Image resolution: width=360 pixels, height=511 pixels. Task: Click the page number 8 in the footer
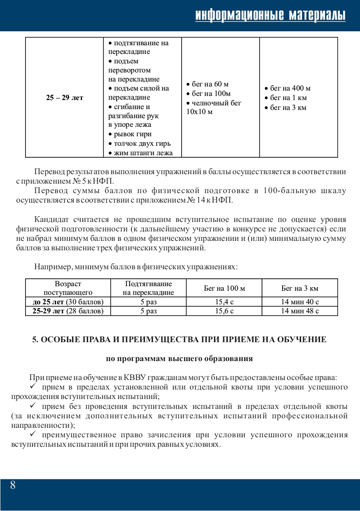[13, 485]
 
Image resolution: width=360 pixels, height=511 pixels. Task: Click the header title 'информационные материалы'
[270, 15]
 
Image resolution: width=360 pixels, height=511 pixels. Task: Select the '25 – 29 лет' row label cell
[65, 98]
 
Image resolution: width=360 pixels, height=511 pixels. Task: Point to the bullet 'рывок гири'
[130, 134]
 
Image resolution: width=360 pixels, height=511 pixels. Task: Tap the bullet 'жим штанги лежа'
[140, 153]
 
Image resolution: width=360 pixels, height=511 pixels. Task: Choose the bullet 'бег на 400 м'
[288, 89]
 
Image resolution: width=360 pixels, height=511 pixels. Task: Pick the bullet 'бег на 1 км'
[285, 98]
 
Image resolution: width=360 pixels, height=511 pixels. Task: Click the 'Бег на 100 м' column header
[224, 288]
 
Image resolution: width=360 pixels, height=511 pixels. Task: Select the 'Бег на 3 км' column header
[299, 288]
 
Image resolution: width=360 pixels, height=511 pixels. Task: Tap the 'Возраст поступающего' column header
[68, 288]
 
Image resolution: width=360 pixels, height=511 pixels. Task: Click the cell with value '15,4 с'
[224, 302]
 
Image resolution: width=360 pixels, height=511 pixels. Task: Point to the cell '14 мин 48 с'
[299, 311]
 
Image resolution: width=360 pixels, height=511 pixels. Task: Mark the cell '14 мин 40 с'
[299, 302]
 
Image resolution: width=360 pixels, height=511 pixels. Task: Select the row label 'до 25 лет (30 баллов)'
[68, 302]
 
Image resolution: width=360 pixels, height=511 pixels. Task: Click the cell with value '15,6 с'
[224, 311]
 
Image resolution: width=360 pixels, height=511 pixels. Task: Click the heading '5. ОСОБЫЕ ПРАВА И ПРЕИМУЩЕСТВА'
[179, 340]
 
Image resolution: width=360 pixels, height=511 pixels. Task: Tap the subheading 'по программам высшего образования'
[179, 358]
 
